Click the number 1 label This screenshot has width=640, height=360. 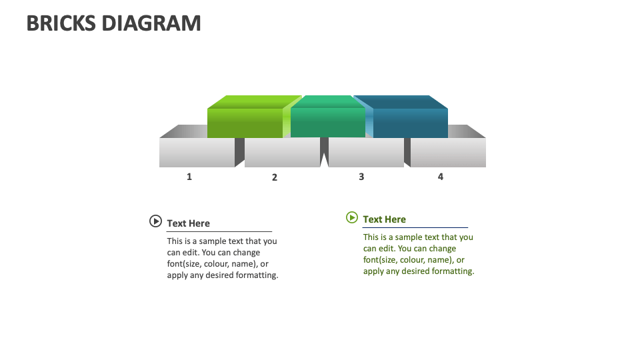[189, 177]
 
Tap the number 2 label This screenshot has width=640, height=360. [275, 177]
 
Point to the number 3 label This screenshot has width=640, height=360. [361, 177]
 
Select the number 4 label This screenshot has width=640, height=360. [441, 177]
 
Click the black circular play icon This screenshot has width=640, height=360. [155, 221]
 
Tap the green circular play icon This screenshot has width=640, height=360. [352, 217]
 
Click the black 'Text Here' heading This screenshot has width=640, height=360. [188, 223]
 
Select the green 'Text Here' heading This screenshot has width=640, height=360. [384, 219]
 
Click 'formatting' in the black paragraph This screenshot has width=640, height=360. [257, 275]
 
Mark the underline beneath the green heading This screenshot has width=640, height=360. [415, 228]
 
